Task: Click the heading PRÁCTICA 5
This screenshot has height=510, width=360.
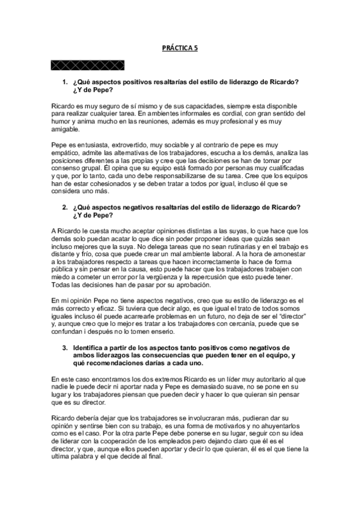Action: tap(180, 52)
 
